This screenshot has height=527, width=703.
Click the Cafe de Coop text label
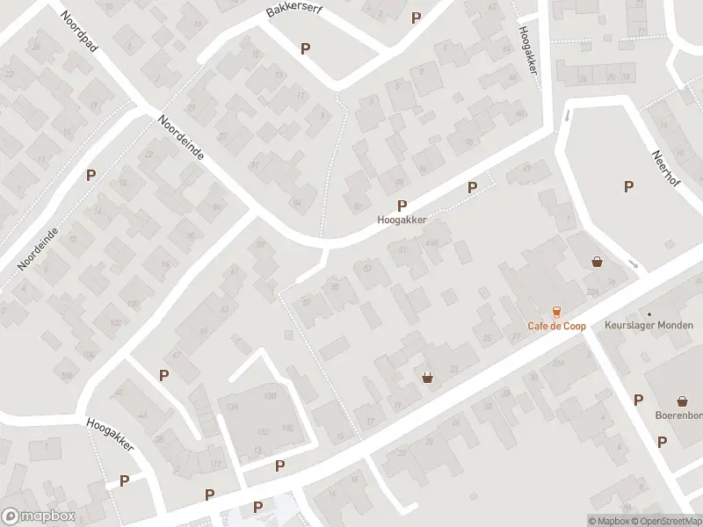556,326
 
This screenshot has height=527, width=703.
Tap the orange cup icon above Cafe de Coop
555,311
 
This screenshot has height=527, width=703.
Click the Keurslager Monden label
649,325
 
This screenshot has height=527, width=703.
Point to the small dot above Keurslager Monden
649,314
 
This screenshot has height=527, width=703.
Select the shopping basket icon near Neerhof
598,261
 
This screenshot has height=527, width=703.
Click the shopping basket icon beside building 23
428,378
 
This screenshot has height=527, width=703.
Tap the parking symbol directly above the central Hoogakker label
402,206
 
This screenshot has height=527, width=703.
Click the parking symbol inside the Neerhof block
628,185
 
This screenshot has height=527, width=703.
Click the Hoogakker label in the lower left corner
110,434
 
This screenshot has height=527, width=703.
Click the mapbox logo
36,516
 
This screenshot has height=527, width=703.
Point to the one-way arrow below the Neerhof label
634,263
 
